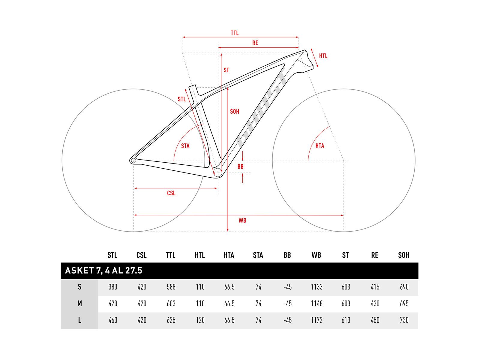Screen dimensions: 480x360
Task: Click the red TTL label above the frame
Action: pos(234,33)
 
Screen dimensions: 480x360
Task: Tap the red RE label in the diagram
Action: pos(255,43)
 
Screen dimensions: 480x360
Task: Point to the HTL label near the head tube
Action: pos(323,56)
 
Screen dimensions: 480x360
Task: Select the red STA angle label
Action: pos(185,146)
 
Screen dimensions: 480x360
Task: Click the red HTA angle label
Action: pos(319,145)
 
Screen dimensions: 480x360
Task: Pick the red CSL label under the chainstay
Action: pos(171,193)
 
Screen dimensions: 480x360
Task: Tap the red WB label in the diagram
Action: pos(242,220)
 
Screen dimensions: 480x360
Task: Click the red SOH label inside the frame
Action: pos(234,112)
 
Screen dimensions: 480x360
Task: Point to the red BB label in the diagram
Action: pos(240,166)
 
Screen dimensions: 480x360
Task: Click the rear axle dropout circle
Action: pos(133,161)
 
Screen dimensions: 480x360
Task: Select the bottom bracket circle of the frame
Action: pos(217,173)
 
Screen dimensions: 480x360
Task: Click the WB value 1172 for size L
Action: pos(316,320)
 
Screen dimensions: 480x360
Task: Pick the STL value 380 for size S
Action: pos(113,287)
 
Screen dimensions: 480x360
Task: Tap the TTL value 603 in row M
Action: pos(171,303)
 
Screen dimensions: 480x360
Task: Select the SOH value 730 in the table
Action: pos(404,320)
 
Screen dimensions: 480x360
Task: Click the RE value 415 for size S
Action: pos(375,287)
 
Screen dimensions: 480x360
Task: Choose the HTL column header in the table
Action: pos(200,255)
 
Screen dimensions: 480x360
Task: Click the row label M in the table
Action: pos(79,303)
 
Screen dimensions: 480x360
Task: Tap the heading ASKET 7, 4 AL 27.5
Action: pos(104,271)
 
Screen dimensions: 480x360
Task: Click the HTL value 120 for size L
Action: pos(200,320)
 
